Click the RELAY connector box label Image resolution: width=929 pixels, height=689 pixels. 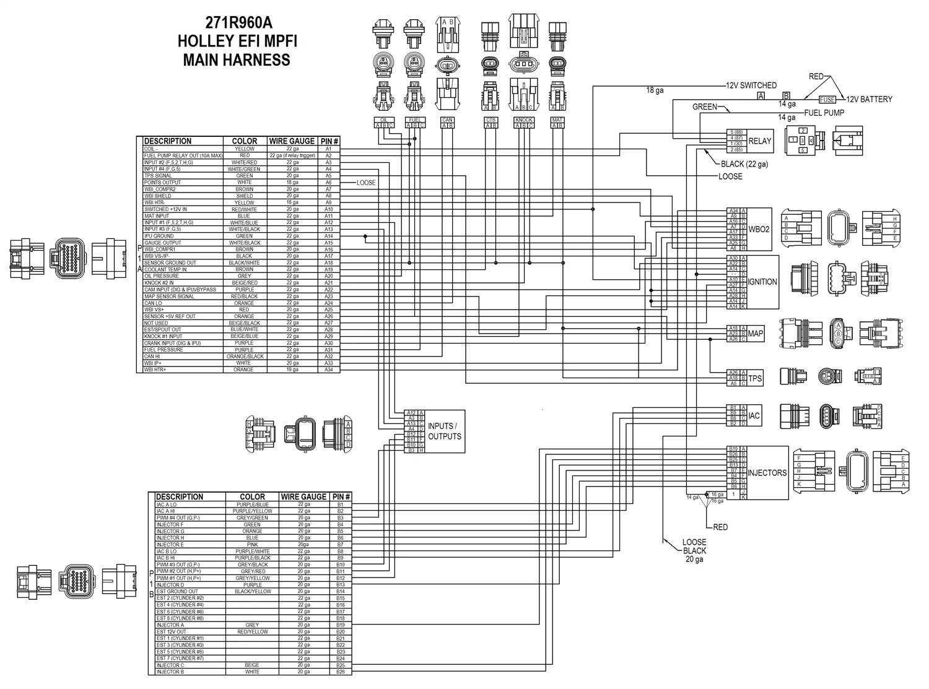(x=760, y=141)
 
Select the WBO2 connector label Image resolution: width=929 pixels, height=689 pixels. (x=759, y=228)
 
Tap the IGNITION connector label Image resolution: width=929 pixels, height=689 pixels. (x=762, y=282)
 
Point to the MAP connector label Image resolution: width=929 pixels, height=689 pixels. (x=756, y=334)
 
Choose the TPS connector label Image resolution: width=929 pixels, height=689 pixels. (x=755, y=378)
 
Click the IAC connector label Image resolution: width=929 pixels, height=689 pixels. (x=754, y=415)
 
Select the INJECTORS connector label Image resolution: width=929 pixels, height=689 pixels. (x=767, y=472)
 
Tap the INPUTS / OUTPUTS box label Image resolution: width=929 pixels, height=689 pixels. (x=444, y=431)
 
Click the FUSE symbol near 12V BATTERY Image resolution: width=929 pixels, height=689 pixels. (x=827, y=99)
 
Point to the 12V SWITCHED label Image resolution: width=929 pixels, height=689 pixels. (x=751, y=85)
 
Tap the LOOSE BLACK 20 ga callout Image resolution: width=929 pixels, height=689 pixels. (x=694, y=550)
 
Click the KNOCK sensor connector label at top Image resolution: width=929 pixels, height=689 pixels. (x=523, y=119)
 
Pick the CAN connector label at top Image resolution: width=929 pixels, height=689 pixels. (x=447, y=119)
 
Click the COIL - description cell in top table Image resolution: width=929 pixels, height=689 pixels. (x=151, y=149)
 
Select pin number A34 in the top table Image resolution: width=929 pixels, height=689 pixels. (x=328, y=370)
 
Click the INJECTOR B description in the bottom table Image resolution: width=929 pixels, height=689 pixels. (x=170, y=672)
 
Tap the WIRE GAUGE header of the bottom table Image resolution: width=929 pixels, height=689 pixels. (x=303, y=496)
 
